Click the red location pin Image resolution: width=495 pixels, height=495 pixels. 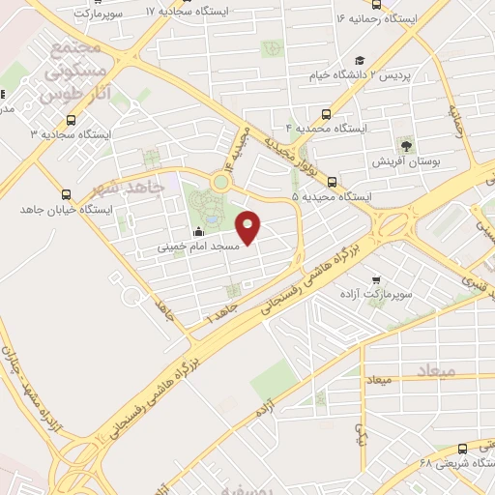pos(248,226)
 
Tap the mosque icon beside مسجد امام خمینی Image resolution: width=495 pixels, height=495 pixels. pos(199,231)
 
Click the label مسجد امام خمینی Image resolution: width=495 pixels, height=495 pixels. pos(192,247)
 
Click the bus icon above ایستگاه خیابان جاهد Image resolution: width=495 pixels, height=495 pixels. pos(66,193)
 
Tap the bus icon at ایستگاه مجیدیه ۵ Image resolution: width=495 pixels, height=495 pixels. pos(332,181)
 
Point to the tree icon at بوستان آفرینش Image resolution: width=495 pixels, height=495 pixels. pos(406,146)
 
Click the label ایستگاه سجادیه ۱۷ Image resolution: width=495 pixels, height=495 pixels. pos(192,12)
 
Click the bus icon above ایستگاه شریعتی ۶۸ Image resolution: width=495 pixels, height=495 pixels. pos(462,449)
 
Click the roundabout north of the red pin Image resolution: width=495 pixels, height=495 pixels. pos(221,181)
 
